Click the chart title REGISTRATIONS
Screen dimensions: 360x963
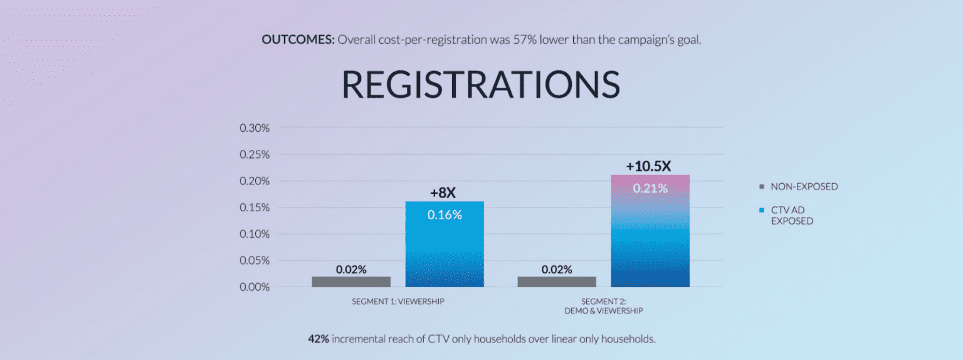click(481, 85)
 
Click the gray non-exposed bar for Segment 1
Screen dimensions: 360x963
click(351, 282)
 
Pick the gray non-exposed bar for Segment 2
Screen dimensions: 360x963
click(557, 282)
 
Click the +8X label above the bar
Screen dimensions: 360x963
click(443, 192)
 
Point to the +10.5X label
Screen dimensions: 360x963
click(648, 166)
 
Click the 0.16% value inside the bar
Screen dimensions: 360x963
click(445, 214)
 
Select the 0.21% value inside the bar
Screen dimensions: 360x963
click(650, 188)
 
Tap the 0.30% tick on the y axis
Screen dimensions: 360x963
click(255, 128)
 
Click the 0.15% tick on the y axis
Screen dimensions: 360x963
click(255, 208)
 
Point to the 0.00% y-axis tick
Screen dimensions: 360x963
click(255, 287)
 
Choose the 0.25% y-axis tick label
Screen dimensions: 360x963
click(255, 154)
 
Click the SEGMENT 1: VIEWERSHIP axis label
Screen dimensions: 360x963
click(398, 301)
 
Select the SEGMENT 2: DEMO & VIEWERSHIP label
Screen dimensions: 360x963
click(603, 305)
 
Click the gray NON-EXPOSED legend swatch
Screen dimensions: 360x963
click(762, 186)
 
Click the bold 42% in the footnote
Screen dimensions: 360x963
click(318, 339)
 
